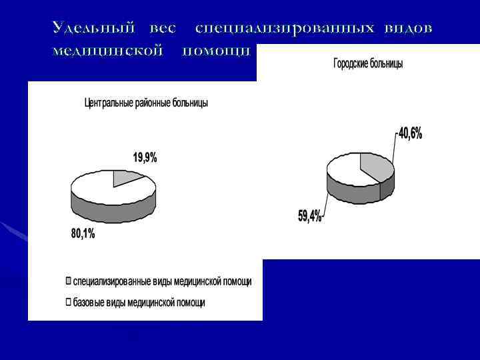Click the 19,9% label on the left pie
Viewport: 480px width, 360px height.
pos(145,158)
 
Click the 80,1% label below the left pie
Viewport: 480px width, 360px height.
pos(83,233)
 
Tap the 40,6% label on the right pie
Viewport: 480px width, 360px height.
pos(411,133)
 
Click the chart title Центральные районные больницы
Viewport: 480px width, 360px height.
pos(146,103)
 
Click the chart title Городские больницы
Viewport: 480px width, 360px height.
pos(368,63)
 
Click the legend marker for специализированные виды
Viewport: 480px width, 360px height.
pos(68,281)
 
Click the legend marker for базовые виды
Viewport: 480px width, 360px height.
pos(68,302)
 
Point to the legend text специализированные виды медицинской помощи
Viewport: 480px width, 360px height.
pos(162,281)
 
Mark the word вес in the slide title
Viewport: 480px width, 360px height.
pos(163,28)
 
